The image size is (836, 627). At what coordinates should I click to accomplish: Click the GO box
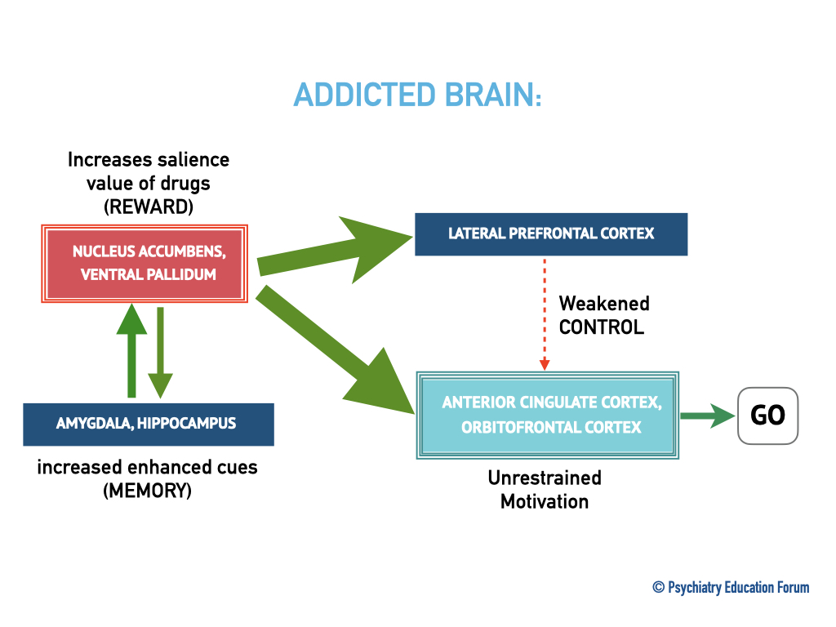pos(767,416)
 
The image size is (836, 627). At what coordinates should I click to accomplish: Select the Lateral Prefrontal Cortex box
pos(551,234)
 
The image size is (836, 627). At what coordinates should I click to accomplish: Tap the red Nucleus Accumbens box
pos(145,264)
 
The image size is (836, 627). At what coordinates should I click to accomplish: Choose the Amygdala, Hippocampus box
pos(149,425)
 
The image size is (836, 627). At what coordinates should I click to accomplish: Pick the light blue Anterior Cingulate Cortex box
pos(548,416)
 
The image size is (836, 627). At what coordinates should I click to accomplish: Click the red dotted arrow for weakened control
pos(545,314)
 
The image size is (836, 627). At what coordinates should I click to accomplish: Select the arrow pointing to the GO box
pos(708,416)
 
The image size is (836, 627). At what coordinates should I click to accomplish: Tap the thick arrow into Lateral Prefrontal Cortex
pos(335,250)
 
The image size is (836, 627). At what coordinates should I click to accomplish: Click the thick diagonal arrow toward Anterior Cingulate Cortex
pos(335,349)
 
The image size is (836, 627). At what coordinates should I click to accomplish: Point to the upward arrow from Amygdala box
pos(131,350)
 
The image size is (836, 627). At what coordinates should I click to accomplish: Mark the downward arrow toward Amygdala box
pos(160,353)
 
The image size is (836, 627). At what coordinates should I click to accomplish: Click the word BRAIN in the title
pos(493,95)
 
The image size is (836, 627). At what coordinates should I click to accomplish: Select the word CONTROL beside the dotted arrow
pos(602,327)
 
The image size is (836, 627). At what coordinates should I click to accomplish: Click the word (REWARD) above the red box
pos(149,207)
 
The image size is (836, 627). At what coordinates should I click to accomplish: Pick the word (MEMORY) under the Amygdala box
pos(147,491)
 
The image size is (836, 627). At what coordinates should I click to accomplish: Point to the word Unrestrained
pos(545,478)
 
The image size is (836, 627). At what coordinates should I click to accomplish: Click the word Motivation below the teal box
pos(545,502)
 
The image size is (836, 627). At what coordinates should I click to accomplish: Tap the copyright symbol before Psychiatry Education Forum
pos(659,587)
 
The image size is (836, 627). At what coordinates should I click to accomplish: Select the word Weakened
pos(604,304)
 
